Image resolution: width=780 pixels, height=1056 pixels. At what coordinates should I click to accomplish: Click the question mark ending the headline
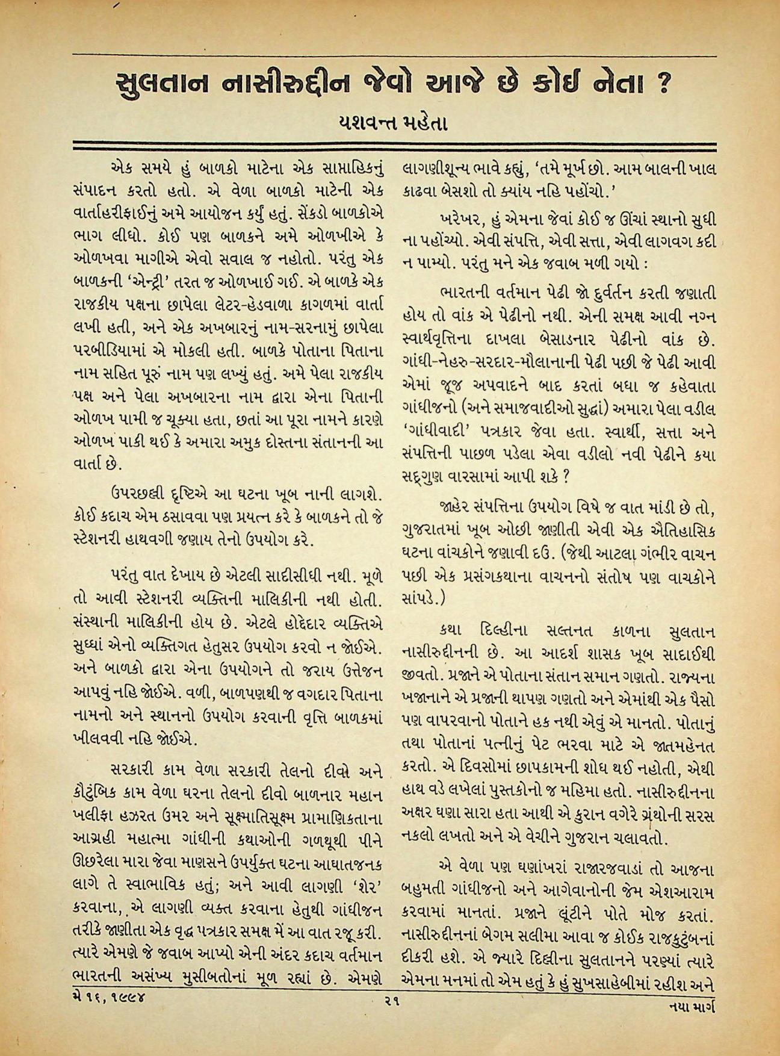click(x=661, y=84)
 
